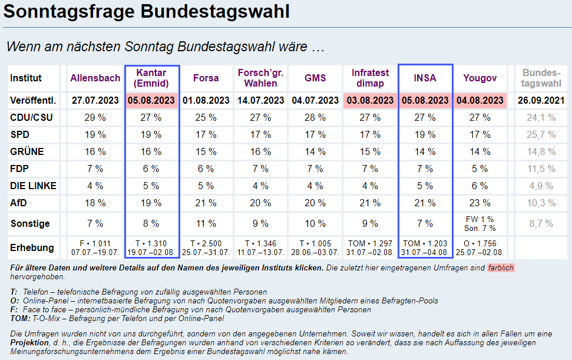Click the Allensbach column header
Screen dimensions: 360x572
point(95,78)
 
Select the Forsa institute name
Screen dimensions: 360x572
point(206,78)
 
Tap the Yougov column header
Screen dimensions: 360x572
point(480,78)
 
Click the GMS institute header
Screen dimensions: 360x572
point(315,78)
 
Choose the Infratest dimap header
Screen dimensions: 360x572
point(371,78)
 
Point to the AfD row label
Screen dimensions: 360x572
point(19,203)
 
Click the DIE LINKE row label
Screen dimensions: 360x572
point(33,186)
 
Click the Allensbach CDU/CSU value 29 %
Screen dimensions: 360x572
point(95,117)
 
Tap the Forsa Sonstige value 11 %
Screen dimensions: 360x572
point(206,224)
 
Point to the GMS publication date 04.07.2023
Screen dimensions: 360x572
point(316,100)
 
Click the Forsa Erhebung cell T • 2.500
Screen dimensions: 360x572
point(206,243)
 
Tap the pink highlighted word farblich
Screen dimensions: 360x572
point(501,268)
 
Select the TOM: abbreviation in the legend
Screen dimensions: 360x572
point(19,319)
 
